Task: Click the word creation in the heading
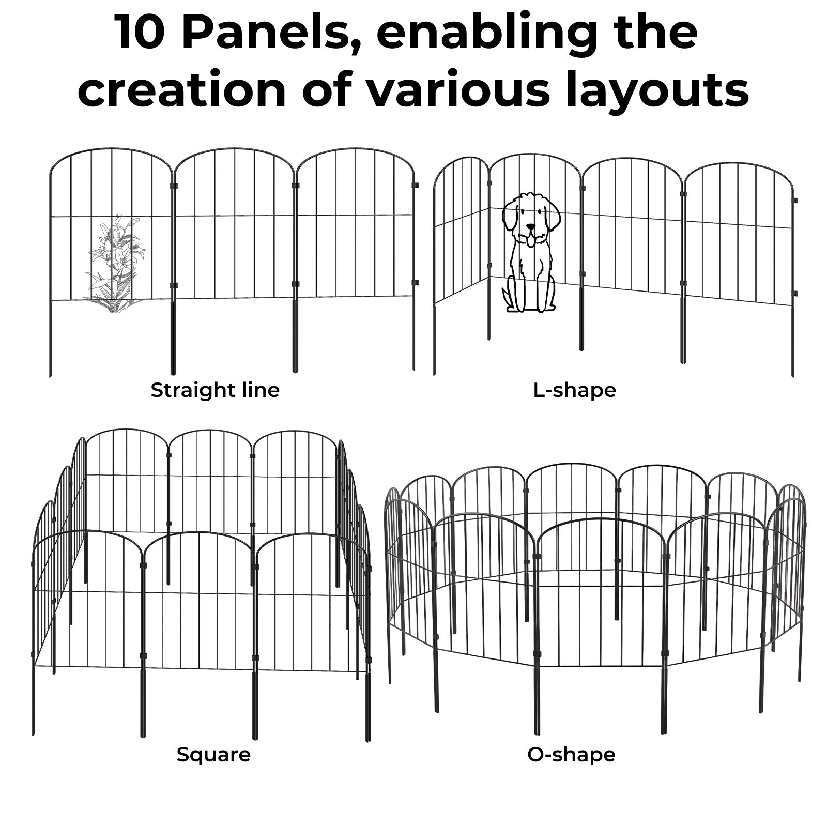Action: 182,90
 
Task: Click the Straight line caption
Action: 215,390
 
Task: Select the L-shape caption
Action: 574,390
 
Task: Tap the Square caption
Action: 213,755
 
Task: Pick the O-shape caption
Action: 571,755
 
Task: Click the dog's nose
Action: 530,226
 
